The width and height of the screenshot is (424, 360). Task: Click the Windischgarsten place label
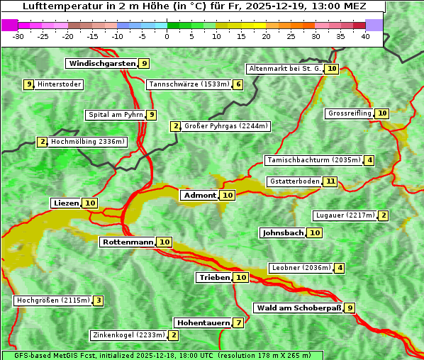(x=101, y=64)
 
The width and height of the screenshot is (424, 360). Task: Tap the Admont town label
(x=199, y=196)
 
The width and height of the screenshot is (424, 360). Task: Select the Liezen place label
(x=66, y=203)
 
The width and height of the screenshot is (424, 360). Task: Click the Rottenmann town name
(x=128, y=242)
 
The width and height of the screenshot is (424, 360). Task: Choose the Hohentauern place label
(x=203, y=323)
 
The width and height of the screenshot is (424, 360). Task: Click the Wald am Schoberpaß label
(x=298, y=308)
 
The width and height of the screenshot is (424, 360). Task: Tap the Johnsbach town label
(x=283, y=233)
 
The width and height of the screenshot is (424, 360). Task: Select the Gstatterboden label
(x=294, y=181)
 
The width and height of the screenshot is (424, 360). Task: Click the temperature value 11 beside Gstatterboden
(x=330, y=181)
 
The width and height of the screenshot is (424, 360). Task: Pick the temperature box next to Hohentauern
(x=239, y=323)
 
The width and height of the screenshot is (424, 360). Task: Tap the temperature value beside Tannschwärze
(x=238, y=85)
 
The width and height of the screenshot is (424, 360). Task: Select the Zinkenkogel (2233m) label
(x=128, y=335)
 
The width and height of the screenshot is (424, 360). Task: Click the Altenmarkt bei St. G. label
(x=284, y=69)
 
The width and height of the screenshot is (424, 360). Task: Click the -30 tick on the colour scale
(x=18, y=35)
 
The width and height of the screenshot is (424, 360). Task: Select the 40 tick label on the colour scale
(x=365, y=35)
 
